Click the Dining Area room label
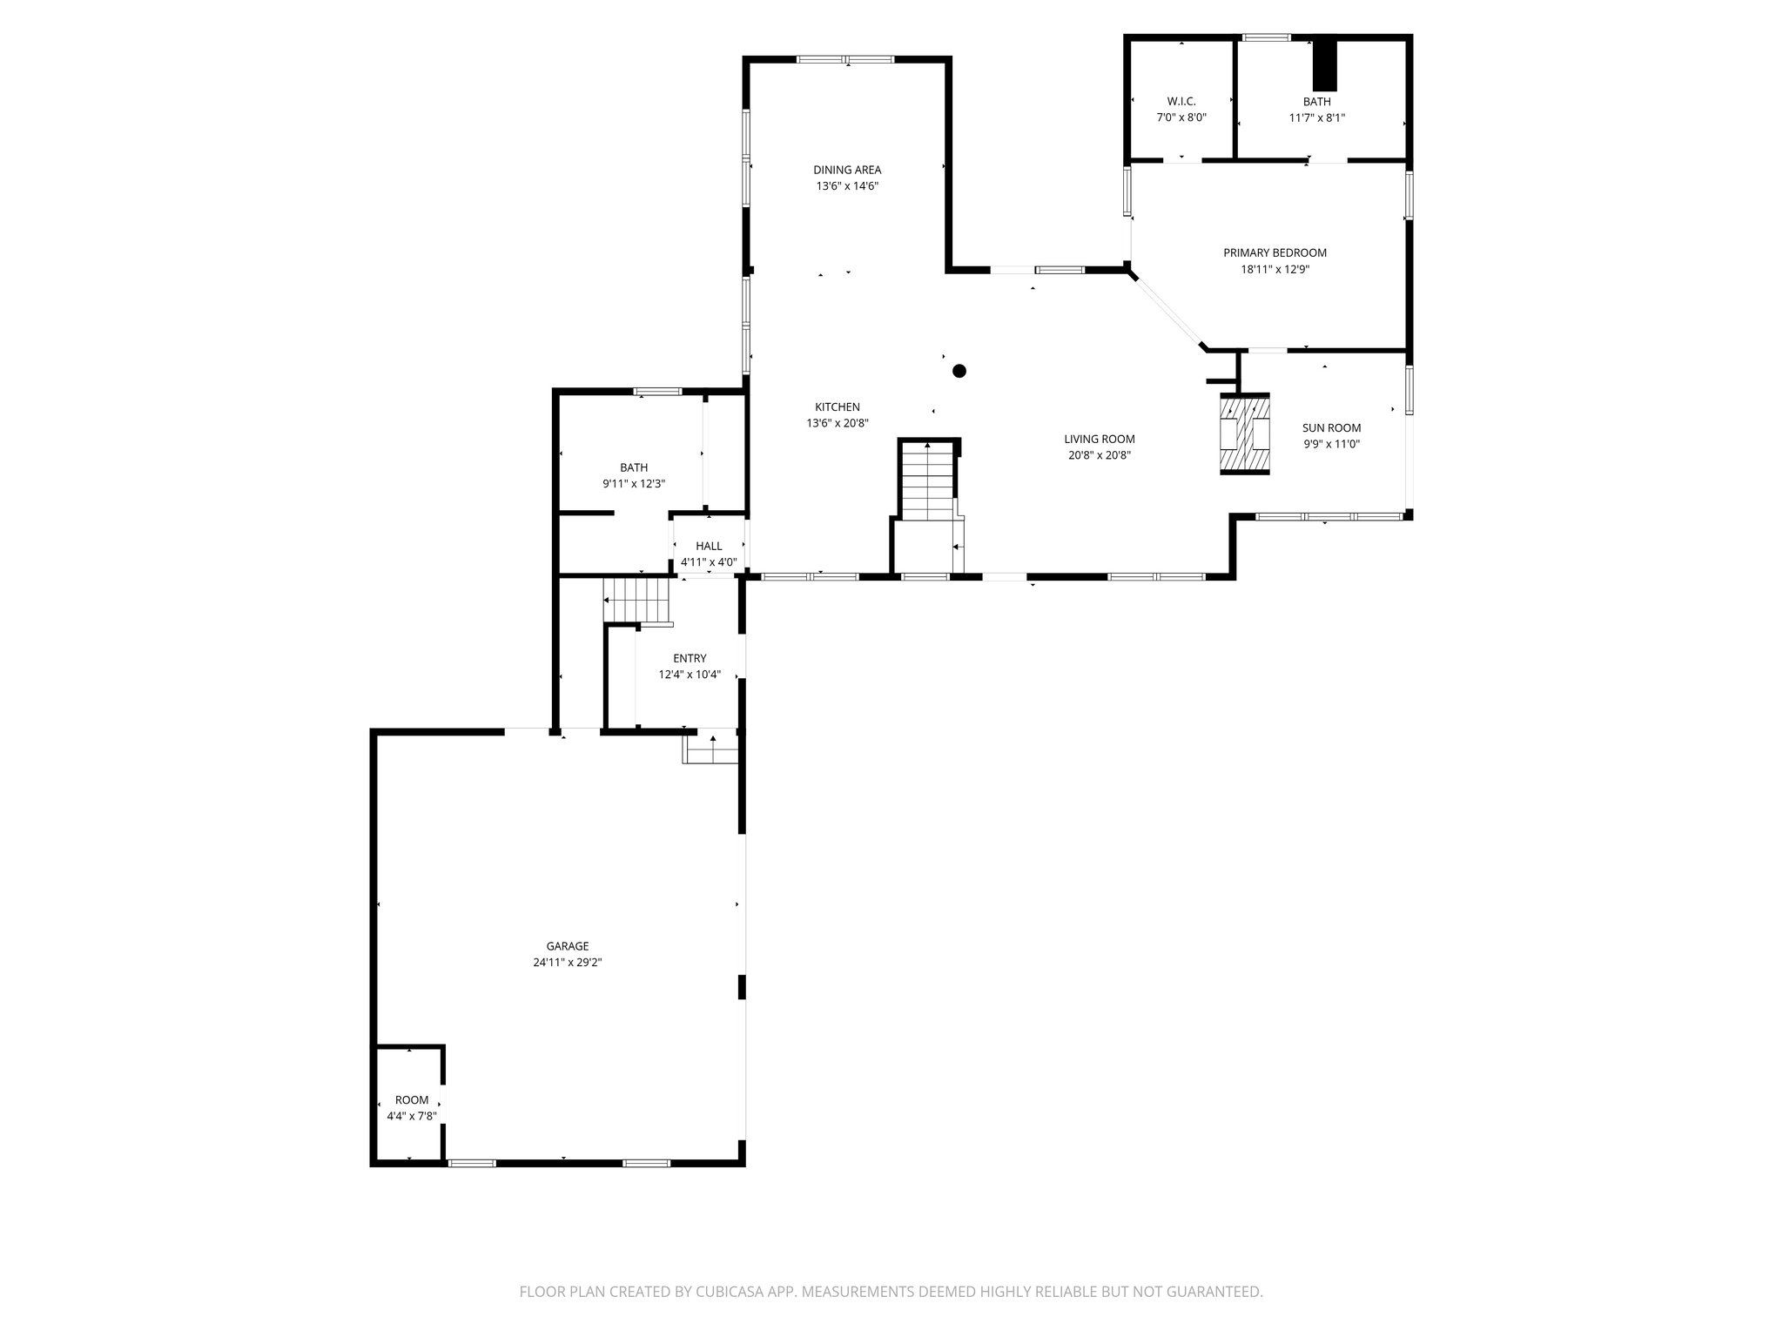(x=847, y=170)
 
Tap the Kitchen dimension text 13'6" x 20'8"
(x=837, y=423)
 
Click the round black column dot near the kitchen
(x=959, y=371)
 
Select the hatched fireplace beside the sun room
(x=1244, y=433)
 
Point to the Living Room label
(x=1099, y=439)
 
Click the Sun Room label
(x=1331, y=427)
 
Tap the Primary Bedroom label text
(x=1275, y=252)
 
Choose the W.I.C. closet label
(x=1181, y=101)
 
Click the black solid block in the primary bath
(x=1324, y=64)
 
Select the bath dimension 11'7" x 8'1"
(x=1316, y=118)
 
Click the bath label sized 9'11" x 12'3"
(x=633, y=467)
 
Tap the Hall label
(x=709, y=546)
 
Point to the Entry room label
(x=690, y=658)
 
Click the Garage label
(x=568, y=946)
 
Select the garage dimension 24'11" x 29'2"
(x=568, y=963)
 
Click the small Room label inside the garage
(x=412, y=1099)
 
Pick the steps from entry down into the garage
(x=711, y=748)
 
